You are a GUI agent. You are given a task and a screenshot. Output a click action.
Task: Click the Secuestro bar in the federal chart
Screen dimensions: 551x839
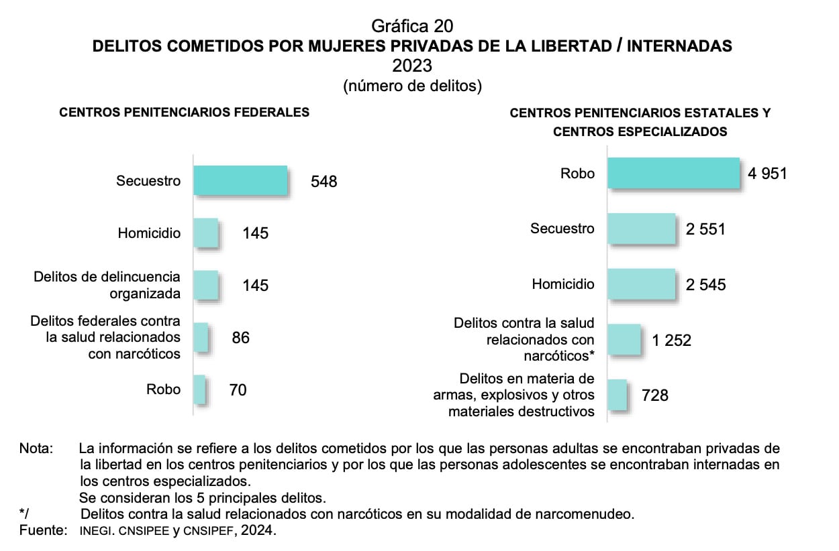240,180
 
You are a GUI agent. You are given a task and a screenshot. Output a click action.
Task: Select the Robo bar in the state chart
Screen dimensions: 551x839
673,174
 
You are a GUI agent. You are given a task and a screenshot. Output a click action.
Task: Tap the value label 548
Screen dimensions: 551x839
324,182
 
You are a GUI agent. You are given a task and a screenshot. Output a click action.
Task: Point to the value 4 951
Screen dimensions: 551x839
767,174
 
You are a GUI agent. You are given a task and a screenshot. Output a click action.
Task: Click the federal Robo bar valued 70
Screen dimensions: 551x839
199,389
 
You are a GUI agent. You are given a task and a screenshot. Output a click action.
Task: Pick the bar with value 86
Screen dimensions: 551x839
201,337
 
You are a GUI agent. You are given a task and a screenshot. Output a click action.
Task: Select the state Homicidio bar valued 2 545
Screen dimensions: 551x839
641,284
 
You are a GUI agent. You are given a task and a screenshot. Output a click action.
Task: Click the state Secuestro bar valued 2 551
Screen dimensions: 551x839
641,229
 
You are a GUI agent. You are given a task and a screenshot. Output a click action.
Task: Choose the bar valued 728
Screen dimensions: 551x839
617,395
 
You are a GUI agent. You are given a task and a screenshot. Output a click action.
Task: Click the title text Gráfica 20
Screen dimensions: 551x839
412,26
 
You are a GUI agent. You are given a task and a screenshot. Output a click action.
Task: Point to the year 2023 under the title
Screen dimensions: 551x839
412,66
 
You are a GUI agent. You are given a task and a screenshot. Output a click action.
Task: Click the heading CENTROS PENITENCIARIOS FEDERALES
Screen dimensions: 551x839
185,113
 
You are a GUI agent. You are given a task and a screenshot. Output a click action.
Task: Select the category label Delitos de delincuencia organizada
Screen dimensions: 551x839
107,285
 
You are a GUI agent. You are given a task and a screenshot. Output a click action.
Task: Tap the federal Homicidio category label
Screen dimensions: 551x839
149,233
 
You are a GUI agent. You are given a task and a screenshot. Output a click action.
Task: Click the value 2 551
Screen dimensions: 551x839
705,229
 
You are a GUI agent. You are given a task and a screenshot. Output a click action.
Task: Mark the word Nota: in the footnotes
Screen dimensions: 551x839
36,448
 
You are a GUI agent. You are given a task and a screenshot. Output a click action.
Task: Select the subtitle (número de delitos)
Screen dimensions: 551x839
412,86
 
